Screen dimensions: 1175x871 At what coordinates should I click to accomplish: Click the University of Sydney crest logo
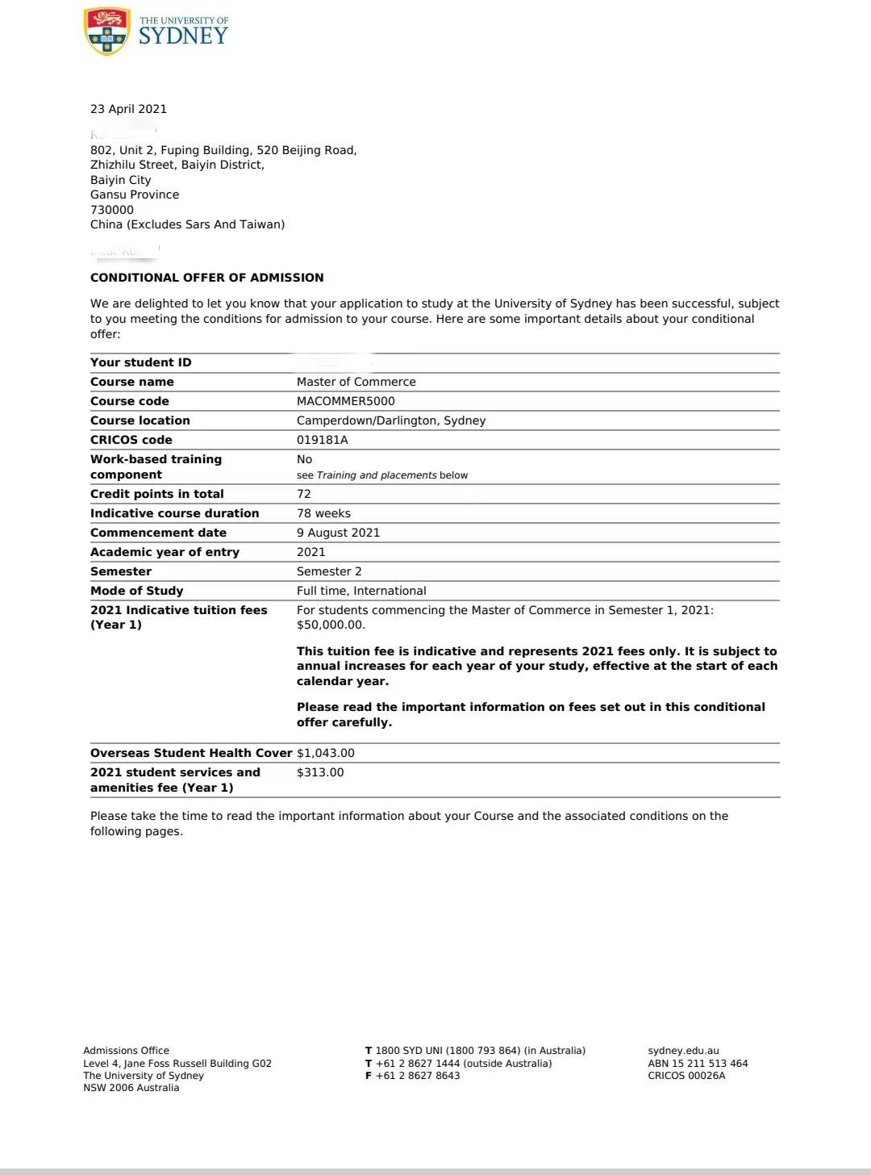[x=106, y=31]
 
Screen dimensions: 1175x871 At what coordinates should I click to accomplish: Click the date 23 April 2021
[x=128, y=109]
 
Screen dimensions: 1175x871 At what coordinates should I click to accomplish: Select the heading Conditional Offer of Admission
[x=206, y=278]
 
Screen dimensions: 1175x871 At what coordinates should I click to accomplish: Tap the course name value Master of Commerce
[x=356, y=382]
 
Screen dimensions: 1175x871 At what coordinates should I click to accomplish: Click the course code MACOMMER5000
[x=345, y=401]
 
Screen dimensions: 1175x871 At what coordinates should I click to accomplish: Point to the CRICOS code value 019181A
[x=322, y=440]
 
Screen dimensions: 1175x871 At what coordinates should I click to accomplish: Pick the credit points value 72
[x=303, y=494]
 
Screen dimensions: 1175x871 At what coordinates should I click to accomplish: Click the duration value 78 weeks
[x=323, y=513]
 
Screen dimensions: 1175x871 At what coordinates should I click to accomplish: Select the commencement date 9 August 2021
[x=338, y=533]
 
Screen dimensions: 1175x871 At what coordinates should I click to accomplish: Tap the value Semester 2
[x=329, y=571]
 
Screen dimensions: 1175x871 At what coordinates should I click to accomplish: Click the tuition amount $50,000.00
[x=331, y=625]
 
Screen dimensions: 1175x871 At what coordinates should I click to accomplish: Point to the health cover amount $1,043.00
[x=326, y=753]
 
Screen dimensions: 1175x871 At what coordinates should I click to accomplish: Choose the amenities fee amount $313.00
[x=320, y=772]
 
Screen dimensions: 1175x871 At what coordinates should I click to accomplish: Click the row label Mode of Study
[x=136, y=591]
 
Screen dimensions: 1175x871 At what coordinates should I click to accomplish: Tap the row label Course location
[x=140, y=420]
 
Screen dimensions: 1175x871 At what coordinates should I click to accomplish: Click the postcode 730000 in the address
[x=112, y=210]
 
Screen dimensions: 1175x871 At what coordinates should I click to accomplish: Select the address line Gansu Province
[x=135, y=194]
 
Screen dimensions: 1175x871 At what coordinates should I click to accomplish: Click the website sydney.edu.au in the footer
[x=683, y=1051]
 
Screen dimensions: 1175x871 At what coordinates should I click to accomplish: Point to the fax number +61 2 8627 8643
[x=418, y=1076]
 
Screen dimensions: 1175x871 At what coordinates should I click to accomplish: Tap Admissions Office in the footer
[x=126, y=1051]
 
